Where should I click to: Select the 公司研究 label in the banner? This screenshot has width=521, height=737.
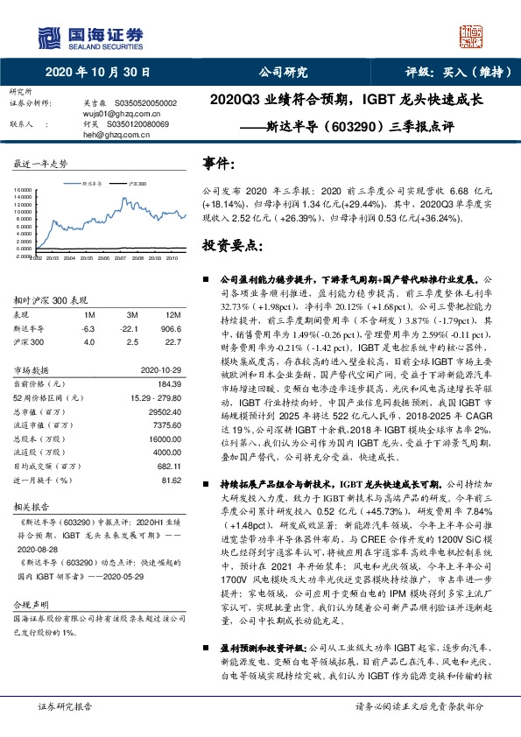click(x=283, y=73)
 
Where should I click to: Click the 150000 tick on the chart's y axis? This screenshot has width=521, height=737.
click(x=23, y=188)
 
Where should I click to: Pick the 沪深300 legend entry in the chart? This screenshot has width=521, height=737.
click(x=136, y=185)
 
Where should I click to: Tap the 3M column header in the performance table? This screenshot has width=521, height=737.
click(x=133, y=313)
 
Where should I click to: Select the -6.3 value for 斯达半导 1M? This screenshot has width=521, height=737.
click(x=88, y=327)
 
